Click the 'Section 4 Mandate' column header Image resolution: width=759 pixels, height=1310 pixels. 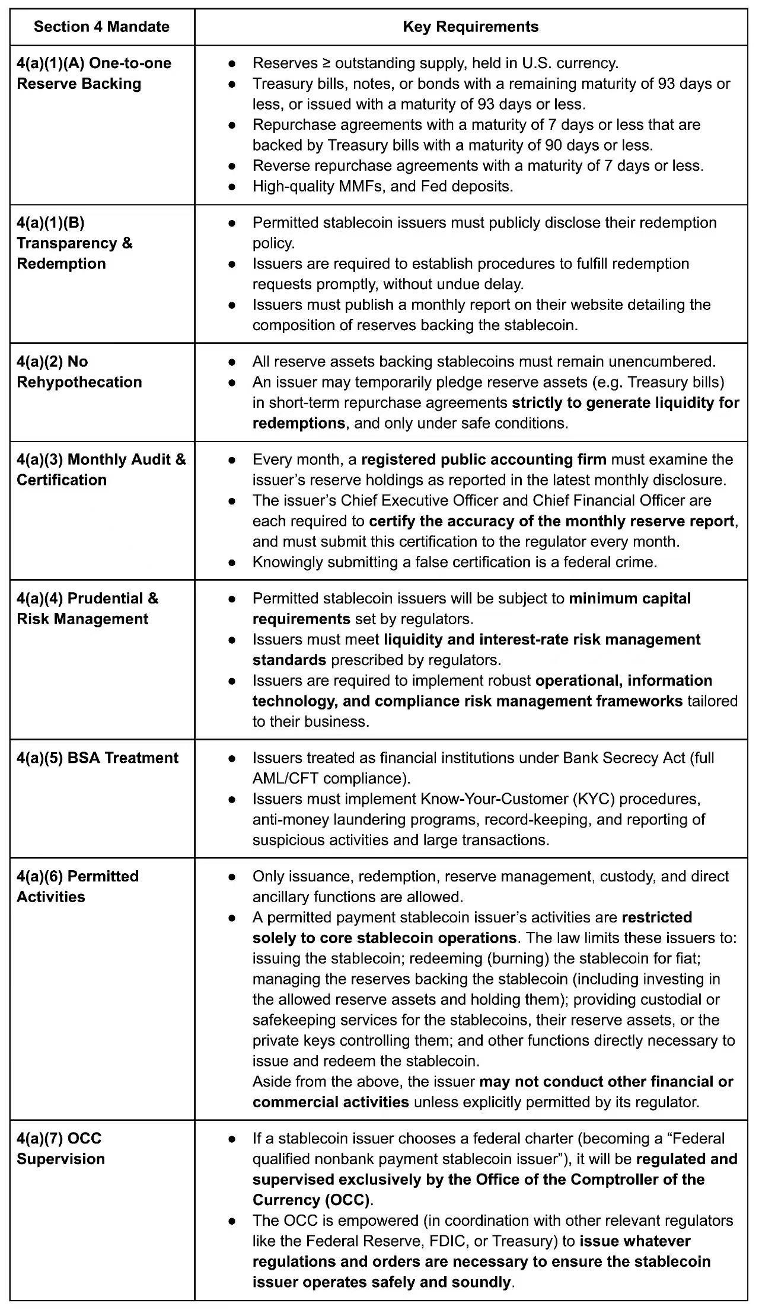pos(101,27)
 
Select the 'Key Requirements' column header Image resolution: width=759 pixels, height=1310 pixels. pos(470,27)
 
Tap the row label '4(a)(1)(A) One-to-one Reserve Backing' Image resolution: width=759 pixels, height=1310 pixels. pos(94,74)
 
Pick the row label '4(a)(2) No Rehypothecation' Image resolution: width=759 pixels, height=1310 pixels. pos(79,372)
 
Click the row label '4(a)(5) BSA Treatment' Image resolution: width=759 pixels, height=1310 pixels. pos(97,758)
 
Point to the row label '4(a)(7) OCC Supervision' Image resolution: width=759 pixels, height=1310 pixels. pos(60,1148)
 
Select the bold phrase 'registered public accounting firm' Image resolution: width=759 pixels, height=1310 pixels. pos(484,459)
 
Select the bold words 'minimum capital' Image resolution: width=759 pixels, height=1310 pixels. pos(630,598)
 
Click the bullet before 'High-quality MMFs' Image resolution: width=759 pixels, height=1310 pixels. pos(233,187)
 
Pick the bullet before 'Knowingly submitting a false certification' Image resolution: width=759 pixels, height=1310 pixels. pos(233,562)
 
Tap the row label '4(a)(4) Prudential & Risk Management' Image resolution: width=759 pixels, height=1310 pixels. pos(88,609)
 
